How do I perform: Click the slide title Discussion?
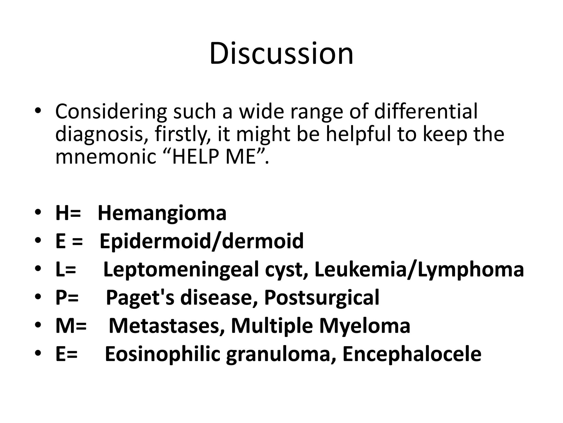[281, 53]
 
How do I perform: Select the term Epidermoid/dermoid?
[202, 241]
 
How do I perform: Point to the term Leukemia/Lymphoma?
[419, 270]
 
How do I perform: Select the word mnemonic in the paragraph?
[106, 157]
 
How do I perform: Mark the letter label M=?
[71, 326]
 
